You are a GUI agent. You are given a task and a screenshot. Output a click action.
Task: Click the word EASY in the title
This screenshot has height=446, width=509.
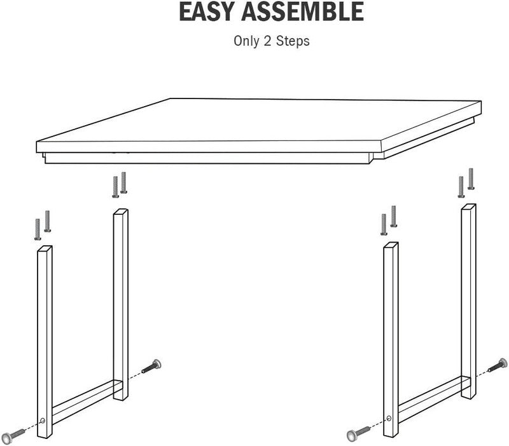[206, 11]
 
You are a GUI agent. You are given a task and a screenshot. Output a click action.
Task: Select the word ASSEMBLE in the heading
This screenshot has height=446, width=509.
[302, 11]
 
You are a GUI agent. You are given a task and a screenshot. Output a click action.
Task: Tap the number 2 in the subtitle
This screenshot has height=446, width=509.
[267, 41]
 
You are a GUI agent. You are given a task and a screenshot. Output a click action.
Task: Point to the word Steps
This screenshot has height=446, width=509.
[293, 41]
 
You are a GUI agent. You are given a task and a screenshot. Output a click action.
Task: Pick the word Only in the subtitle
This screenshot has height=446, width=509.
[246, 41]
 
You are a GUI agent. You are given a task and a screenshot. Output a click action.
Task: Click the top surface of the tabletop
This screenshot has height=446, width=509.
[260, 121]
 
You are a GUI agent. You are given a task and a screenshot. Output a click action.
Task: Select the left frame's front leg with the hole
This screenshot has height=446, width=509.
[45, 342]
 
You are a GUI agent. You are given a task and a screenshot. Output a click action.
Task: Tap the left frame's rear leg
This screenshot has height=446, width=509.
[121, 305]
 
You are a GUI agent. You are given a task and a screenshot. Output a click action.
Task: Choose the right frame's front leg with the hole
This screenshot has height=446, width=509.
[391, 340]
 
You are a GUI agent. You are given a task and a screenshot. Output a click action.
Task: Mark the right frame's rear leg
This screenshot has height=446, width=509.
[468, 301]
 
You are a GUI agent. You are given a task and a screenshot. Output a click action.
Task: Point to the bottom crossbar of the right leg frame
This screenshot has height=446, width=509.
[430, 400]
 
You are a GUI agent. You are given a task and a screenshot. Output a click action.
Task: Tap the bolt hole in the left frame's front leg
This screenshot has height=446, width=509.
[43, 421]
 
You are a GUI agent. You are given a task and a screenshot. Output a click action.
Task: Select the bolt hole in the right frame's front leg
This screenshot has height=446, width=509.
[389, 418]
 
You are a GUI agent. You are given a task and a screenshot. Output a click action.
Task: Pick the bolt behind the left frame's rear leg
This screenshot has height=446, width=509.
[151, 366]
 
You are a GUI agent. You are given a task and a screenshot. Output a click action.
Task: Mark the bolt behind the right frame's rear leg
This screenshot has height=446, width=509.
[498, 365]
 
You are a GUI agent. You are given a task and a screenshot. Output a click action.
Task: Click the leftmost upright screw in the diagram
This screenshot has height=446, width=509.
[38, 229]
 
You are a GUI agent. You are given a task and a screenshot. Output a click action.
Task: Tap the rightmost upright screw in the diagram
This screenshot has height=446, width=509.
[471, 179]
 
